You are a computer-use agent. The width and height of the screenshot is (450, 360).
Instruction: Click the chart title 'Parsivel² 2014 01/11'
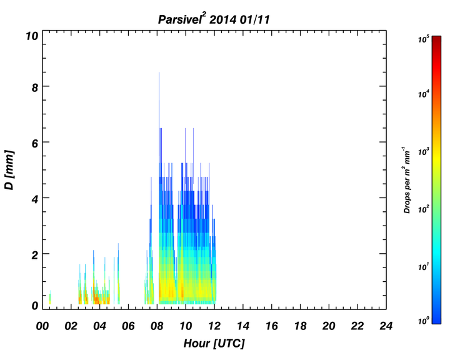pyautogui.click(x=214, y=19)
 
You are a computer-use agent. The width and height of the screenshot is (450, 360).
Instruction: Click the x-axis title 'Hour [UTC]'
pyautogui.click(x=214, y=343)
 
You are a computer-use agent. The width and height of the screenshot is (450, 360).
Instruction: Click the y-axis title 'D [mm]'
pyautogui.click(x=9, y=169)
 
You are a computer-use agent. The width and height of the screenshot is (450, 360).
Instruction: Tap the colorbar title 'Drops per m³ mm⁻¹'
pyautogui.click(x=407, y=180)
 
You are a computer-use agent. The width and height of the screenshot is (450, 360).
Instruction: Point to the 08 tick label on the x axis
pyautogui.click(x=157, y=326)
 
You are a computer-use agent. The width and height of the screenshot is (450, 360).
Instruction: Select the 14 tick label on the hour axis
pyautogui.click(x=243, y=326)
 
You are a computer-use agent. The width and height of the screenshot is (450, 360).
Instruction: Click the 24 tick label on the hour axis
pyautogui.click(x=386, y=326)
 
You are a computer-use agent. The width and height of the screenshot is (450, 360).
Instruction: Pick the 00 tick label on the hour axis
pyautogui.click(x=42, y=326)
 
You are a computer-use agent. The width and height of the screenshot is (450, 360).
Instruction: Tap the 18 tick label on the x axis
pyautogui.click(x=300, y=326)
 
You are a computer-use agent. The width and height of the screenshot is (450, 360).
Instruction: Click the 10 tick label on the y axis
pyautogui.click(x=32, y=36)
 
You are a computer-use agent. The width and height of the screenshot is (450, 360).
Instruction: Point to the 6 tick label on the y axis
pyautogui.click(x=35, y=143)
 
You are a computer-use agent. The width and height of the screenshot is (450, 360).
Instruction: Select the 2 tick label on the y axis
pyautogui.click(x=35, y=254)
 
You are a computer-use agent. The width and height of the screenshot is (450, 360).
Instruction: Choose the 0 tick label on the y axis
pyautogui.click(x=35, y=306)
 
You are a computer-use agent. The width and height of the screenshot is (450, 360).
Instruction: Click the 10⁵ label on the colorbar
pyautogui.click(x=423, y=39)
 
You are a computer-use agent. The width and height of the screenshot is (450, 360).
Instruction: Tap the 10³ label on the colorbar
pyautogui.click(x=423, y=151)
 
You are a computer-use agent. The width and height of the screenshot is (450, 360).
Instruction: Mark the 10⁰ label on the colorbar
pyautogui.click(x=423, y=320)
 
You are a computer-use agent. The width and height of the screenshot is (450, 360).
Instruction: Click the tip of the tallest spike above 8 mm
pyautogui.click(x=159, y=72)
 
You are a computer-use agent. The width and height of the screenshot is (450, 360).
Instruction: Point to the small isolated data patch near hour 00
pyautogui.click(x=50, y=297)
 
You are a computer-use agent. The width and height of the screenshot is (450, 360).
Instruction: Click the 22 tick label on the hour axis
pyautogui.click(x=357, y=326)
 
